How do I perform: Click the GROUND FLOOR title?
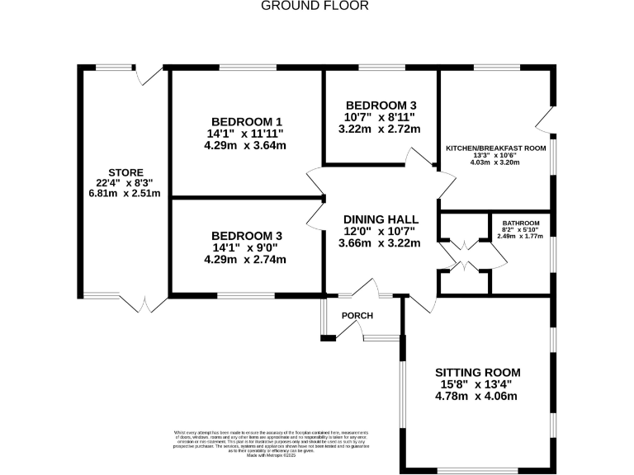(315, 6)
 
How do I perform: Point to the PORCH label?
(357, 316)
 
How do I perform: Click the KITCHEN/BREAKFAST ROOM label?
(495, 148)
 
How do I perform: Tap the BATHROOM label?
(522, 223)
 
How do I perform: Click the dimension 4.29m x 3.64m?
(245, 145)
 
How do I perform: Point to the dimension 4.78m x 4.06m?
(476, 396)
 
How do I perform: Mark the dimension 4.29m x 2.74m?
(245, 259)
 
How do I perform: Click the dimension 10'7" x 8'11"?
(381, 117)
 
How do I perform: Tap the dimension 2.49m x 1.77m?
(522, 237)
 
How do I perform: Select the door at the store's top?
(150, 74)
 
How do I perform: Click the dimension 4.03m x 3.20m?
(495, 162)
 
